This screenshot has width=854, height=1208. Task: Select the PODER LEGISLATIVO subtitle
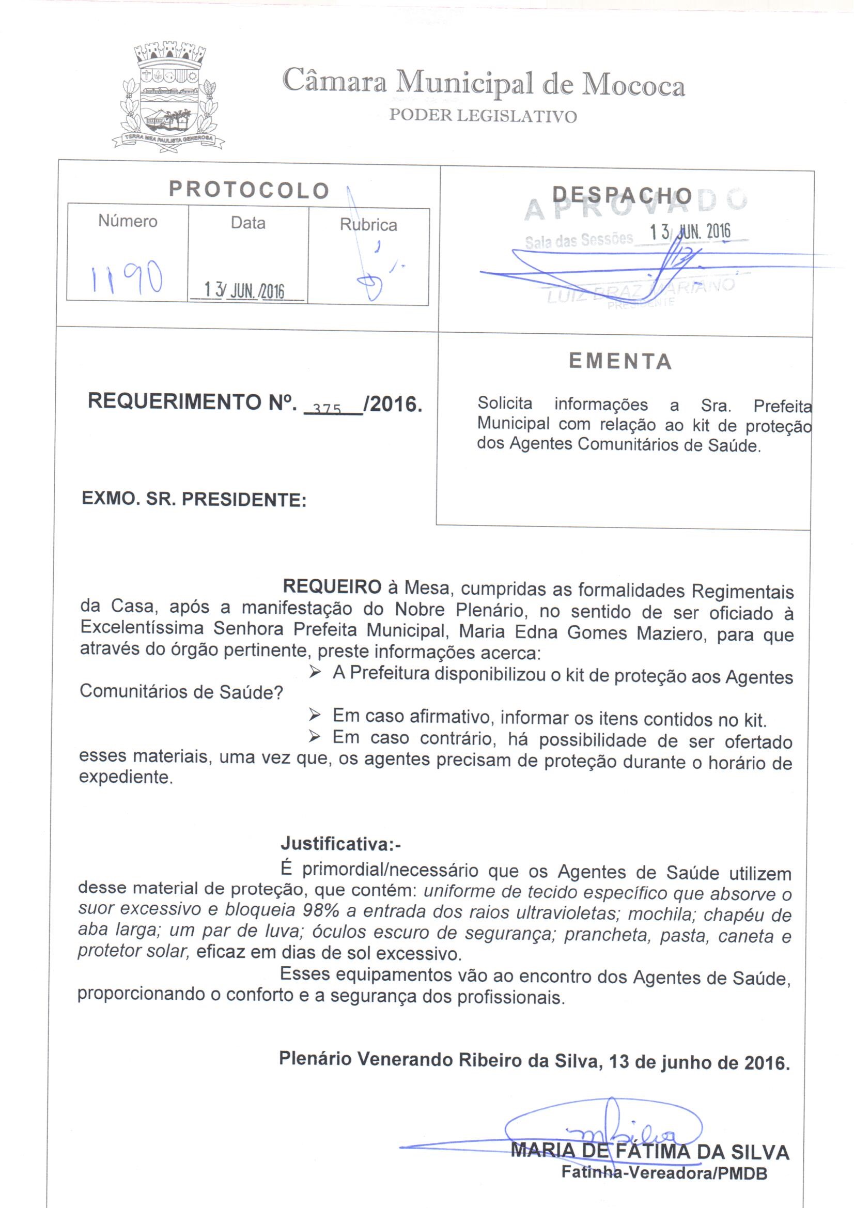pyautogui.click(x=483, y=116)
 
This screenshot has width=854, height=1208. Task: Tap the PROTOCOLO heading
pyautogui.click(x=249, y=191)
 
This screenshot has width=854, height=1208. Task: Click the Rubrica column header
pyautogui.click(x=368, y=225)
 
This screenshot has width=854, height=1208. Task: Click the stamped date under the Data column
pyautogui.click(x=244, y=290)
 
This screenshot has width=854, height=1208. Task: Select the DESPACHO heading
pyautogui.click(x=622, y=196)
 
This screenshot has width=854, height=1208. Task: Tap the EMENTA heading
pyautogui.click(x=620, y=362)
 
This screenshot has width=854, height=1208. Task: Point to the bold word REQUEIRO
pyautogui.click(x=332, y=586)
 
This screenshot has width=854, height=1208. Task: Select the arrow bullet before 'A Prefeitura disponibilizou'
pyautogui.click(x=315, y=672)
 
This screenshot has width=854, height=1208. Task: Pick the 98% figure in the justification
pyautogui.click(x=320, y=910)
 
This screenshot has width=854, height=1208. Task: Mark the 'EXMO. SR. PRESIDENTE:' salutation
pyautogui.click(x=194, y=499)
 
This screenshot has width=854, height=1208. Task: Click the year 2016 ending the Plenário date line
pyautogui.click(x=767, y=1063)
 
